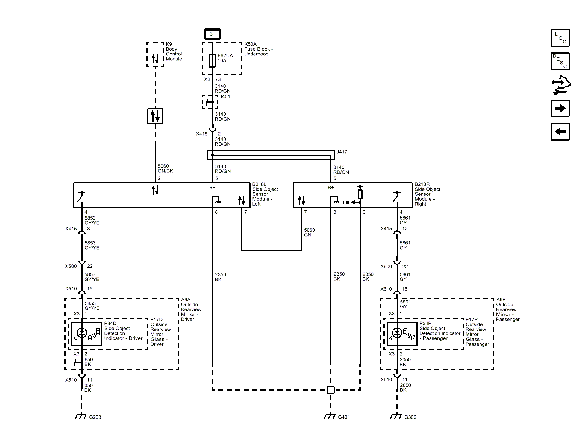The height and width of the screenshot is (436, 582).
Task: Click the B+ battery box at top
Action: click(x=212, y=34)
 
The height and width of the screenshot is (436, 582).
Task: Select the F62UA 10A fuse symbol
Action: click(x=212, y=60)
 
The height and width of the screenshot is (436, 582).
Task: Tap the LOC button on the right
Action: click(x=560, y=38)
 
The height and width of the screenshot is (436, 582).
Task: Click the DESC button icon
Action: click(x=560, y=62)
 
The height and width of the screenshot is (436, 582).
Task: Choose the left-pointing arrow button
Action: click(x=560, y=132)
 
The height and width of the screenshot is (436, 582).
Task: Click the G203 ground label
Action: click(x=95, y=417)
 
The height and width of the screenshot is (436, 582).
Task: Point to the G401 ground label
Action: click(x=343, y=417)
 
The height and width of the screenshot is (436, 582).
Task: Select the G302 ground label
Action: click(x=410, y=417)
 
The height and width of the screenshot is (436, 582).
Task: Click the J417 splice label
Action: click(x=342, y=152)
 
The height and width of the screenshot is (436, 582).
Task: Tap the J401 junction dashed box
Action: click(x=210, y=102)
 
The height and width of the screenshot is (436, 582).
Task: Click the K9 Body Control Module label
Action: click(x=174, y=51)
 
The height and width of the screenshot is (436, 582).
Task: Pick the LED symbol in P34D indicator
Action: click(x=82, y=333)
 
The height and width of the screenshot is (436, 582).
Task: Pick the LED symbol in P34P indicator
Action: click(x=397, y=333)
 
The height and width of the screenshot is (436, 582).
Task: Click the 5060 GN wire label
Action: click(x=309, y=232)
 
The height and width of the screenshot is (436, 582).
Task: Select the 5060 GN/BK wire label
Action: click(x=165, y=168)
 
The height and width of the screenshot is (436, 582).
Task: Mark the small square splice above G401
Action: click(x=331, y=390)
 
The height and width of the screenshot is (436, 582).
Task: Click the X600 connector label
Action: click(x=386, y=266)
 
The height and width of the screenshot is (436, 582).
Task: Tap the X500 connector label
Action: click(x=71, y=266)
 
